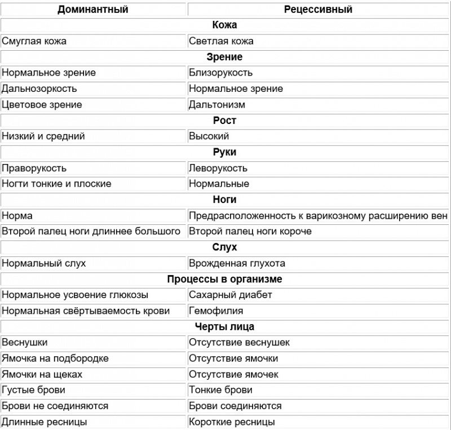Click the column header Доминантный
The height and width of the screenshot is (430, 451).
click(x=93, y=9)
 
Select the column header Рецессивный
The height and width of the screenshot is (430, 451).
click(x=319, y=9)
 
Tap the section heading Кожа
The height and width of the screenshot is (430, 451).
click(x=225, y=25)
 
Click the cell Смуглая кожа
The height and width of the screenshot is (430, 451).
click(x=38, y=41)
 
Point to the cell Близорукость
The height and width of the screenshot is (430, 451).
click(x=220, y=73)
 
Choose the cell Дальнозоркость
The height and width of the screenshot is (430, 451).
click(x=39, y=88)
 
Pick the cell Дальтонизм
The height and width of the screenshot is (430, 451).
click(x=217, y=104)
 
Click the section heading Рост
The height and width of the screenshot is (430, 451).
click(x=225, y=120)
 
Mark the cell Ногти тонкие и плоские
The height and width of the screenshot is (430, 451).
click(x=56, y=184)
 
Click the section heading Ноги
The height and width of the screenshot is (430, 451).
click(x=225, y=200)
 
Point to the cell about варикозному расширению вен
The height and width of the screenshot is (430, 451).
click(x=318, y=216)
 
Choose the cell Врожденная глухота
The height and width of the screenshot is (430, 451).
click(x=237, y=263)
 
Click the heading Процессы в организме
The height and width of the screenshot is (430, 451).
click(x=225, y=279)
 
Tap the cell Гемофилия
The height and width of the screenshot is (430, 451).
click(x=216, y=311)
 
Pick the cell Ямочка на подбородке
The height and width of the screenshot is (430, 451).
click(x=55, y=358)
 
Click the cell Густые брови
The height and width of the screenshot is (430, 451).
click(x=33, y=390)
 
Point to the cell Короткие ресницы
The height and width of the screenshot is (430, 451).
click(x=232, y=422)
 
